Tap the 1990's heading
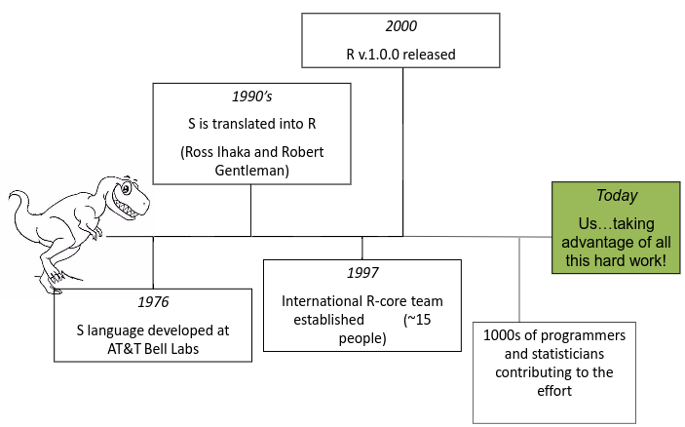click(x=251, y=98)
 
